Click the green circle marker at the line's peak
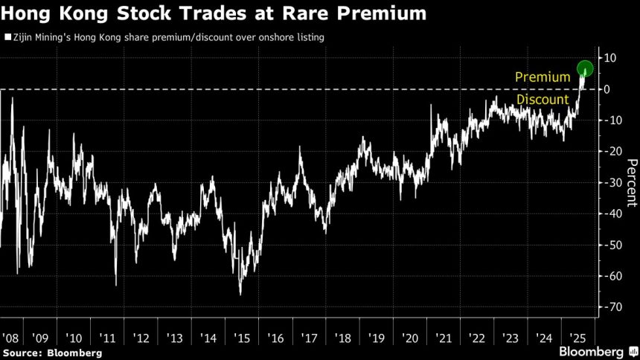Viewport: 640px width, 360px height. click(x=585, y=69)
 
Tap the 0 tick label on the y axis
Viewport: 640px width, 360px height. click(x=608, y=89)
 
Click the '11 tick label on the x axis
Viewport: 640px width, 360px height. click(x=108, y=338)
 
